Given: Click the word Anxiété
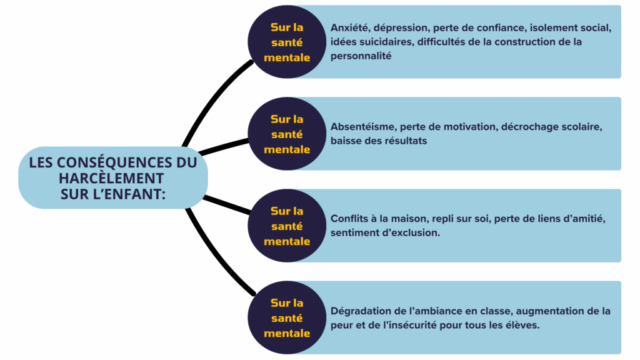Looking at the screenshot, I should pos(351,28).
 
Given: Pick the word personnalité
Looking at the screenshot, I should pos(361,56).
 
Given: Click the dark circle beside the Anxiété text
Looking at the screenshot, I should pos(287,42).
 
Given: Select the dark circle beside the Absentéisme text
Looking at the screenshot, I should pos(287,134).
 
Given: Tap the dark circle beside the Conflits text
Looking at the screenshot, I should pos(287,226).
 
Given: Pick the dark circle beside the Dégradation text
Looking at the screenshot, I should pos(287,317).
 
